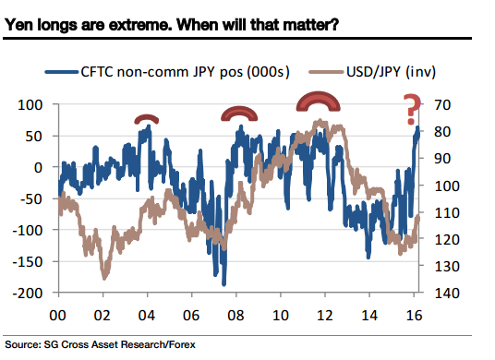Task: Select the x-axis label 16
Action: (x=417, y=314)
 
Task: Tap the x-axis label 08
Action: (x=238, y=314)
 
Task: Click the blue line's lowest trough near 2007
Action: (x=223, y=283)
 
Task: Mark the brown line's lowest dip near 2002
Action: (x=104, y=277)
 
